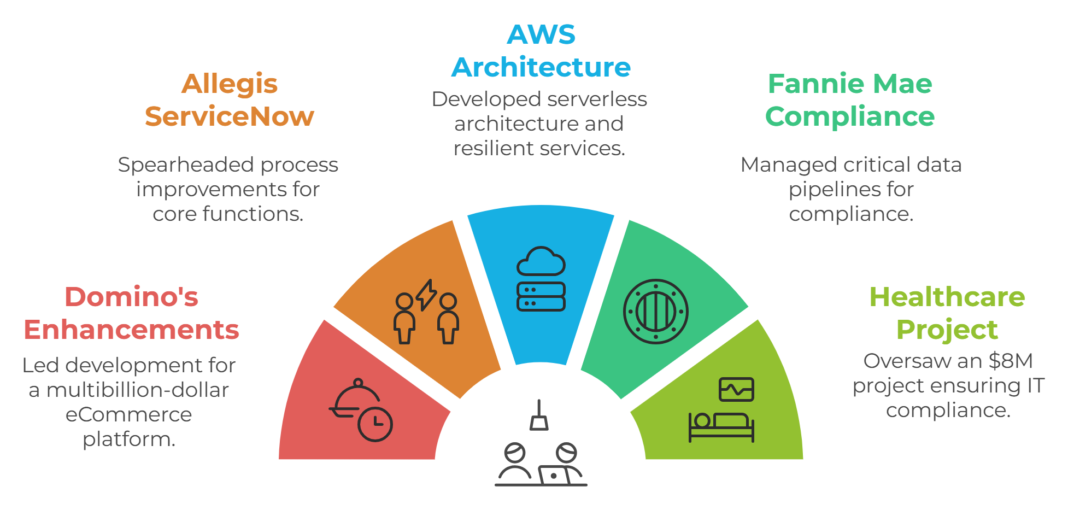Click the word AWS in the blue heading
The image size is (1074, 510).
click(541, 35)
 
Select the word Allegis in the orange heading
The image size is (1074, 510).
click(230, 84)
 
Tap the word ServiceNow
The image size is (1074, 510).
click(230, 116)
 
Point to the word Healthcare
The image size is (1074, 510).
click(947, 297)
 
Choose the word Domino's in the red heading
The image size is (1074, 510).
click(131, 297)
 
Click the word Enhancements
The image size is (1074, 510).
click(131, 330)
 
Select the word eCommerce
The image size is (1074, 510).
click(129, 415)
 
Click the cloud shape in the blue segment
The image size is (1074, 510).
click(541, 261)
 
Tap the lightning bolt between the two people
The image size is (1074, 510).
click(426, 295)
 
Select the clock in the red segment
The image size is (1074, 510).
click(375, 424)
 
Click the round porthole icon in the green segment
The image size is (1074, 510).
click(656, 312)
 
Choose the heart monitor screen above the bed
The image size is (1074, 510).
click(736, 390)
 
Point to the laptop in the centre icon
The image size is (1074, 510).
click(553, 476)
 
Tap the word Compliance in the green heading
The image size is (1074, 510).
click(850, 117)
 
